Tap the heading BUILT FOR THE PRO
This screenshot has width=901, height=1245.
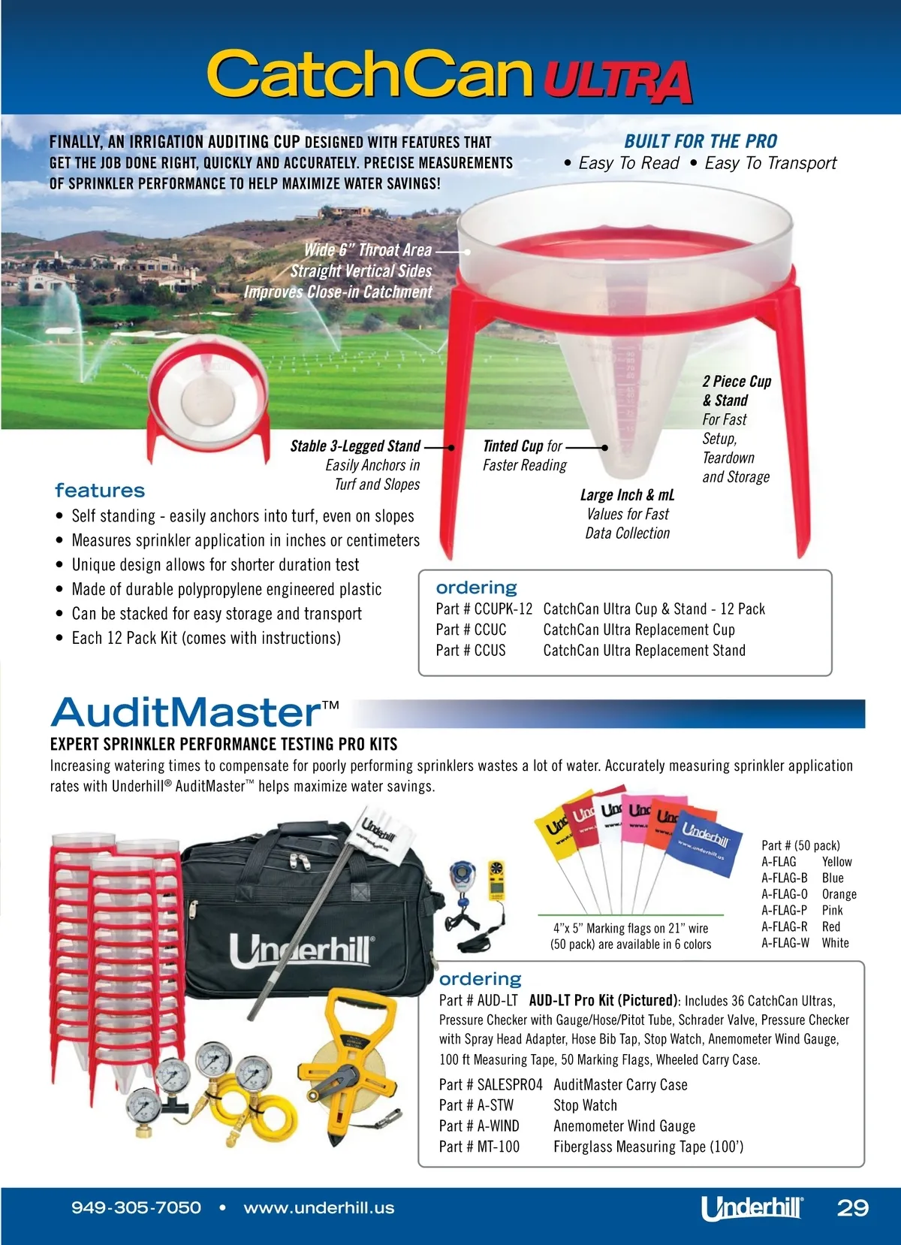(x=700, y=141)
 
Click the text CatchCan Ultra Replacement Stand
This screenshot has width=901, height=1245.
(x=643, y=651)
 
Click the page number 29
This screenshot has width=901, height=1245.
(x=852, y=1208)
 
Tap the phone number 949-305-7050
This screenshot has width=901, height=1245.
(x=136, y=1208)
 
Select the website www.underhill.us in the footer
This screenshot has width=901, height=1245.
(x=318, y=1208)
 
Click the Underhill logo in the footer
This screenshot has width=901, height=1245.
(x=752, y=1208)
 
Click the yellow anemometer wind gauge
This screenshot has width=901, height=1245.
(x=496, y=881)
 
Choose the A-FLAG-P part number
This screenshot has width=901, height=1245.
(x=784, y=911)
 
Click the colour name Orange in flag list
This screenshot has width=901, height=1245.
(x=839, y=894)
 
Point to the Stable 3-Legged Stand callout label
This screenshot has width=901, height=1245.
(x=355, y=446)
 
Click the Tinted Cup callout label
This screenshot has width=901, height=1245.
(x=522, y=446)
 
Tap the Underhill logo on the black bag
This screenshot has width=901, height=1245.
(x=300, y=951)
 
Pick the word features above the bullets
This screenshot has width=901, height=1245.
(x=100, y=491)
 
